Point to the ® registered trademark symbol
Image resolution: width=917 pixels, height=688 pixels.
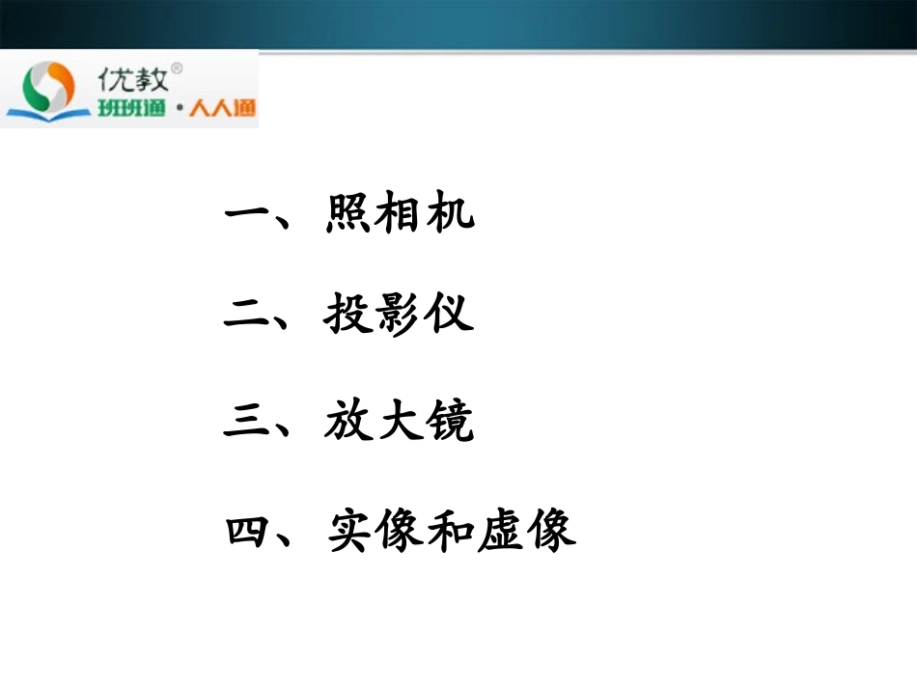(177, 69)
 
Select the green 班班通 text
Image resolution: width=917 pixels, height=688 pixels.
(131, 107)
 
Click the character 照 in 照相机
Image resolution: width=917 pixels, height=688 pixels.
(348, 212)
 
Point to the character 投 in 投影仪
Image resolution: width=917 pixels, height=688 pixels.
(348, 315)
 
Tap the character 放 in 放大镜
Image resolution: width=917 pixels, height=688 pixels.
(348, 423)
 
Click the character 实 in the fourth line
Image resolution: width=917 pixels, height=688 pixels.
(348, 529)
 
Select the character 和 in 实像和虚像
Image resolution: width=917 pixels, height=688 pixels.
(450, 529)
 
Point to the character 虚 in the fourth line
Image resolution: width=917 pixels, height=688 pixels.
(501, 529)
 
